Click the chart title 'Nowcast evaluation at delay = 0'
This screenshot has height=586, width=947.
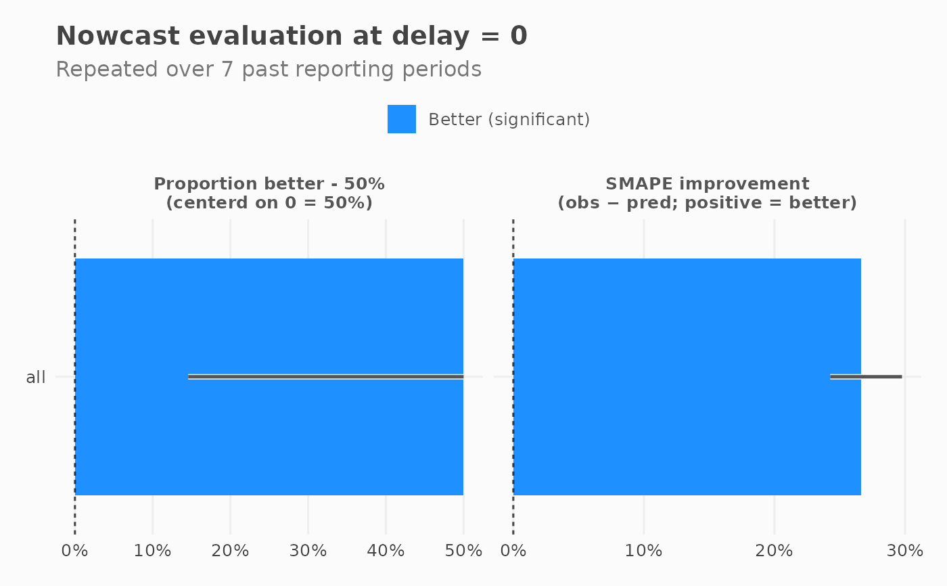coord(292,36)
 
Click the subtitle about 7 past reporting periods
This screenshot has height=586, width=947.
coord(269,69)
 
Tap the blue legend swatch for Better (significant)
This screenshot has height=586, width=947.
coord(402,119)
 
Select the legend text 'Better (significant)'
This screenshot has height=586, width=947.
coord(509,120)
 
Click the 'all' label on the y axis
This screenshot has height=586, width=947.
coord(36,377)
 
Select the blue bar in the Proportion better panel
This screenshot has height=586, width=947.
coord(269,377)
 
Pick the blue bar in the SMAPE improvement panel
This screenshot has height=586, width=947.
coord(687,377)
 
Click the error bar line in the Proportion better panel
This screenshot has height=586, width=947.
coord(326,377)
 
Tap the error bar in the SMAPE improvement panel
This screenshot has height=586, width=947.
coord(867,377)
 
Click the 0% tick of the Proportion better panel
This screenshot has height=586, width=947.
coord(75,551)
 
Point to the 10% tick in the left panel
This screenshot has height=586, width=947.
coord(153,551)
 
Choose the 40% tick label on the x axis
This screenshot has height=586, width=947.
coord(386,551)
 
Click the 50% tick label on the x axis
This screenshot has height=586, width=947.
coord(463,551)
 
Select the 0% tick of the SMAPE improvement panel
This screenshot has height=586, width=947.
coord(513,551)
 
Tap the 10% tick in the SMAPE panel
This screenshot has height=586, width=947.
coord(643,551)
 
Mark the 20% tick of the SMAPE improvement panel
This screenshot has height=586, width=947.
coord(774,551)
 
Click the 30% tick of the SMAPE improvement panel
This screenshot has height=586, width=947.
coord(905,551)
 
